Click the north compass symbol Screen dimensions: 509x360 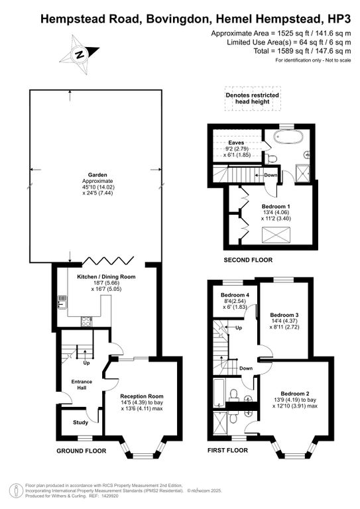point(79,54)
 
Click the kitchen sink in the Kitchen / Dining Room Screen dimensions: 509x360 point(61,302)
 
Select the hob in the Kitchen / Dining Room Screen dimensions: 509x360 point(86,321)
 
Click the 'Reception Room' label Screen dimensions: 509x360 point(142,396)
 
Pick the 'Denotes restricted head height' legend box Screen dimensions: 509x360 point(251,99)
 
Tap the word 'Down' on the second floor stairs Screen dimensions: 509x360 point(270,176)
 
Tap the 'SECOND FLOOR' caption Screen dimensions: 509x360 point(247,260)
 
